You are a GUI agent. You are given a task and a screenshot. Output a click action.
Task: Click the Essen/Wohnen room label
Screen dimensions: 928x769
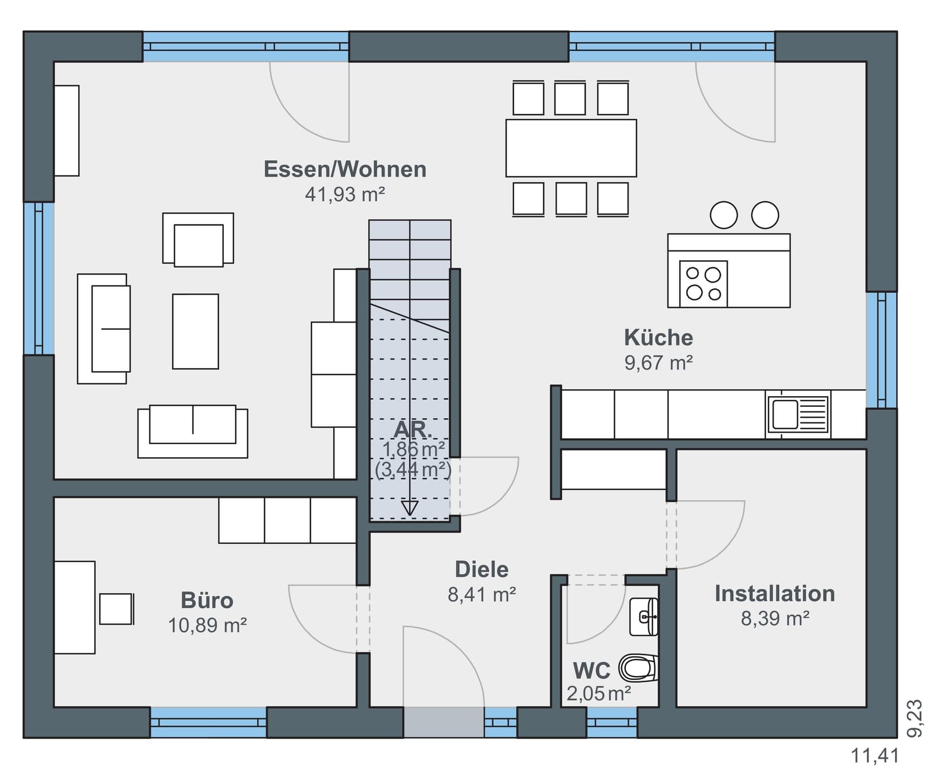pos(345,169)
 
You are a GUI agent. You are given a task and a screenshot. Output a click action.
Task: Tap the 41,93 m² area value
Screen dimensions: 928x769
pos(345,194)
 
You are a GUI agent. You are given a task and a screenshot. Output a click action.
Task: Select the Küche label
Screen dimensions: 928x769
pos(658,338)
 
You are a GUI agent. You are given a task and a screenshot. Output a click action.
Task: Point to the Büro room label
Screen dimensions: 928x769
pos(207,600)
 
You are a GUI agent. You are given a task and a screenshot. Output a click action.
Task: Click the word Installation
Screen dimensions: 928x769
pos(775,594)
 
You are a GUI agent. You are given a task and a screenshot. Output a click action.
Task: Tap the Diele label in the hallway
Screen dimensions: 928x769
pos(482,569)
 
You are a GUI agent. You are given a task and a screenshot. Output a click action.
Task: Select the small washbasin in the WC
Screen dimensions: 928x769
pos(644,616)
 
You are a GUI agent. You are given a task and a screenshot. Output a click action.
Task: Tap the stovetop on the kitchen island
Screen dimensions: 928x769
pos(704,284)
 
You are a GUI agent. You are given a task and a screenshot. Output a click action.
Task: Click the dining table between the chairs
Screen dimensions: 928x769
pos(571,148)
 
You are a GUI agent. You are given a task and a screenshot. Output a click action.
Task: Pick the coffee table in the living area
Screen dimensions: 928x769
pos(195,331)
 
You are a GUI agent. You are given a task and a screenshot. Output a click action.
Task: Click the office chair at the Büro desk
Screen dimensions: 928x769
pos(117,609)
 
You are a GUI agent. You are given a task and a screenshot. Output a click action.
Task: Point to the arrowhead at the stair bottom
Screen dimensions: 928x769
pos(410,508)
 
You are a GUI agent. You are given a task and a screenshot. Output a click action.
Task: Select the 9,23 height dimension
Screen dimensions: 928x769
pos(915,718)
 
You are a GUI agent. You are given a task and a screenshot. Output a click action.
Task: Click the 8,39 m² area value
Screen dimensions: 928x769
pos(775,618)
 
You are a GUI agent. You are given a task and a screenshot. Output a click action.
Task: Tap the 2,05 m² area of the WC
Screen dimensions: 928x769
pos(599,693)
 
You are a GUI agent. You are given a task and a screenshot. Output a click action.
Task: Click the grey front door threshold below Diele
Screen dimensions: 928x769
pos(443,722)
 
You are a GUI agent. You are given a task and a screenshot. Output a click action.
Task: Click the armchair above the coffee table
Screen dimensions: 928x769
pos(198,240)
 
